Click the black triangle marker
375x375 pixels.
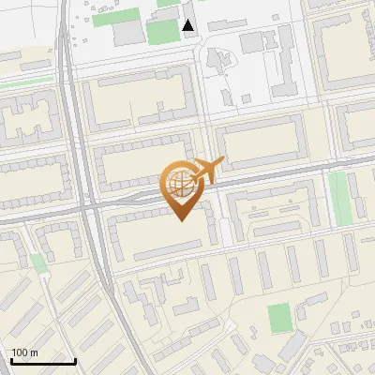click(189, 25)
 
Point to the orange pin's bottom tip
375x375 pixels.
click(180, 220)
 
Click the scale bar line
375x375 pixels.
click(42, 360)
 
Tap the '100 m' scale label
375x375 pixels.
click(24, 352)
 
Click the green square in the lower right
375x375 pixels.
click(279, 318)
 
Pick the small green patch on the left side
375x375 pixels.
click(37, 262)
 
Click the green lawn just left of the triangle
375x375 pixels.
click(161, 32)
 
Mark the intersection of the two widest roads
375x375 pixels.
click(91, 202)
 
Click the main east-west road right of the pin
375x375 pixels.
click(281, 174)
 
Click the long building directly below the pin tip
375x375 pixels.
click(169, 246)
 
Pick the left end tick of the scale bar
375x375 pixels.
click(11, 360)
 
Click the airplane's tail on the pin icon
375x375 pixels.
click(220, 162)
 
